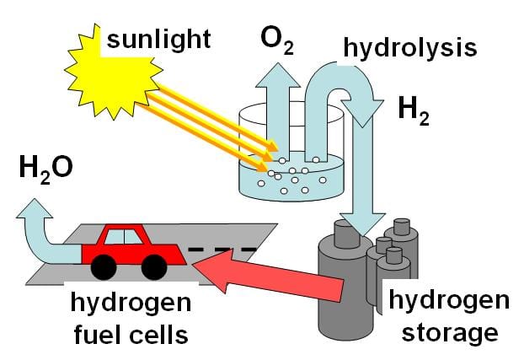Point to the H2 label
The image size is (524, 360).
click(412, 110)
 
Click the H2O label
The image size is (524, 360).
click(46, 169)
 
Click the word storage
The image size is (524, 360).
click(446, 332)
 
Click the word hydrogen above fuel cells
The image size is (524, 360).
click(131, 304)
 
